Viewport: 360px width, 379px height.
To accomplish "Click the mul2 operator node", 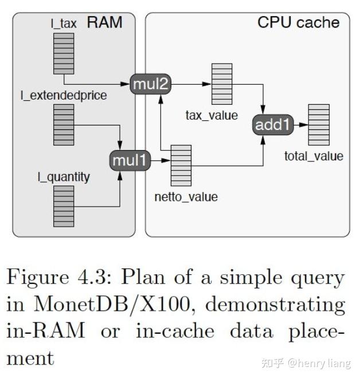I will (x=151, y=84).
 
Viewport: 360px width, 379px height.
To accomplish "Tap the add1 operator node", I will (x=273, y=125).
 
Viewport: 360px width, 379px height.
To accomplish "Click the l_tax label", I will (x=64, y=25).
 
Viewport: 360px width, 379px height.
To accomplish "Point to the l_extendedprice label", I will (x=64, y=96).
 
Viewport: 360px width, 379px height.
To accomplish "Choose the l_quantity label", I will (x=63, y=177).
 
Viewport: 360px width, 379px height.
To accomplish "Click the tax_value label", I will (x=212, y=115).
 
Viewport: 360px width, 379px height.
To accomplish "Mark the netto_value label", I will (x=186, y=197).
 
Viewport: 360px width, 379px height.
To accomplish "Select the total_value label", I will (x=314, y=156).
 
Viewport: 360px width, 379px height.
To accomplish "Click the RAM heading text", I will (x=104, y=22).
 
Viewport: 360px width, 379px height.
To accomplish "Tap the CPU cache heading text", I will (x=298, y=22).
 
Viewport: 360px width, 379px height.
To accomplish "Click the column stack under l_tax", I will (x=64, y=54).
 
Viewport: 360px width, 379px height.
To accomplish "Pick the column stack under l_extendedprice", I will (x=64, y=124).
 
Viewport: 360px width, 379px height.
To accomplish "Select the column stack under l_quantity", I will (x=64, y=206).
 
